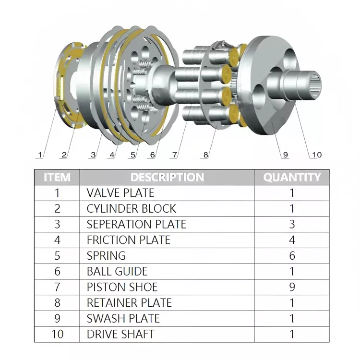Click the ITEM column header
tap(57, 177)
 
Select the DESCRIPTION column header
tap(167, 177)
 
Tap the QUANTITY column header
tap(291, 177)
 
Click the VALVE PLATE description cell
tap(120, 193)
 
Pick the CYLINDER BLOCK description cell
tap(131, 209)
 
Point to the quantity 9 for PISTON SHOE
tap(292, 287)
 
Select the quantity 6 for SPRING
tap(292, 256)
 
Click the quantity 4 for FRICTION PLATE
tap(292, 240)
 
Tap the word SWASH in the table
tap(103, 319)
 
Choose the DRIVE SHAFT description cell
tap(120, 334)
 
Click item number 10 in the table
tap(57, 334)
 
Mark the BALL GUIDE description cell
tap(117, 271)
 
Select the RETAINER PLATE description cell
tap(129, 303)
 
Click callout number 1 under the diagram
tap(40, 155)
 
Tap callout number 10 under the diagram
tap(316, 155)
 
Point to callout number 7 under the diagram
tap(174, 155)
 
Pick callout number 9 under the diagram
tap(285, 155)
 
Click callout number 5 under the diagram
tap(133, 155)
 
